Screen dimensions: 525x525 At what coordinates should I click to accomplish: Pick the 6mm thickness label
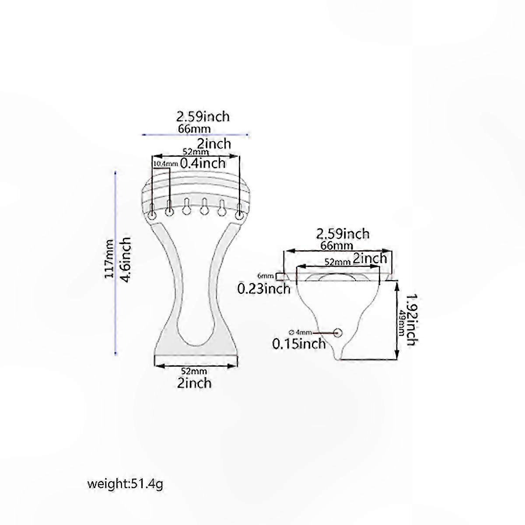click(x=266, y=276)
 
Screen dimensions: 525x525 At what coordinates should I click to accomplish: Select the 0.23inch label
click(x=264, y=288)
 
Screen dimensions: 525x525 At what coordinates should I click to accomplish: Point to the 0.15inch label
click(x=299, y=343)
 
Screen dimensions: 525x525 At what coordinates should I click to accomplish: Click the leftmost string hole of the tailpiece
click(x=152, y=216)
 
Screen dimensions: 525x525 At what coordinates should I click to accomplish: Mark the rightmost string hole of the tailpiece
click(x=239, y=216)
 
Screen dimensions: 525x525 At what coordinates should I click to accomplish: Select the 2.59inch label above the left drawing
click(x=203, y=117)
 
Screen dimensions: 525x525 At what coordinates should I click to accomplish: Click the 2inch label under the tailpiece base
click(x=194, y=383)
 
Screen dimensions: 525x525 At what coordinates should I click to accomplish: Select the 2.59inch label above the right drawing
click(x=343, y=234)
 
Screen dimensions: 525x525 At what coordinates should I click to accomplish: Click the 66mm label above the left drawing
click(x=194, y=129)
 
